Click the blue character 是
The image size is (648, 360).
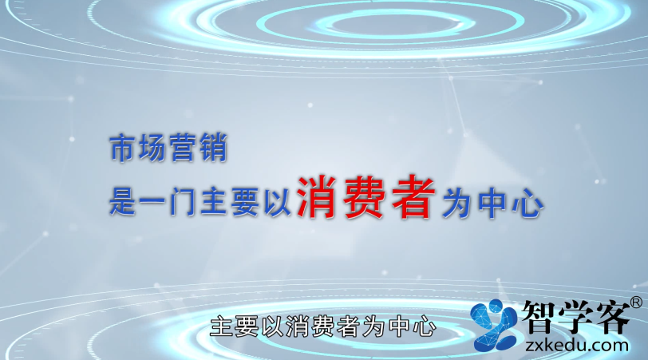tap(123, 203)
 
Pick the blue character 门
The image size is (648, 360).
tap(183, 203)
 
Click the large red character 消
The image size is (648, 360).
tap(318, 196)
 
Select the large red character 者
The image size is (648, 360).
tap(412, 196)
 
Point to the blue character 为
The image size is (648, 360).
tap(456, 204)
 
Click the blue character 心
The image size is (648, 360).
tap(527, 204)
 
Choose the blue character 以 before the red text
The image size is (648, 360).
tap(278, 203)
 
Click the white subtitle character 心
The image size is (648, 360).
tap(425, 326)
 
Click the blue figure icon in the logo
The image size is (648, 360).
tap(494, 325)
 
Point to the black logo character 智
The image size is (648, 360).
tap(538, 317)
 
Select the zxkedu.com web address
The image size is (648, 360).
tap(576, 345)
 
